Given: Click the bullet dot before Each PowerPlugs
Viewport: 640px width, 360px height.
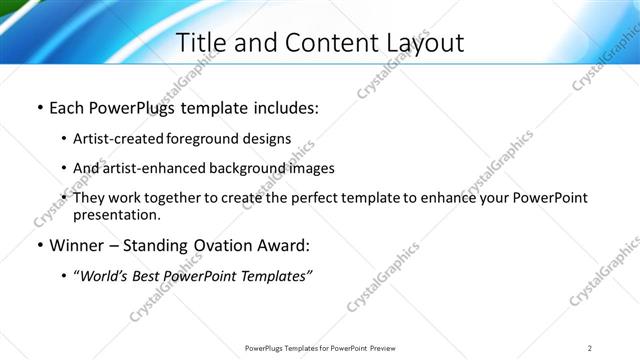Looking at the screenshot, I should point(39,107).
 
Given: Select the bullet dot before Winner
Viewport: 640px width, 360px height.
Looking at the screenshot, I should point(39,245).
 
